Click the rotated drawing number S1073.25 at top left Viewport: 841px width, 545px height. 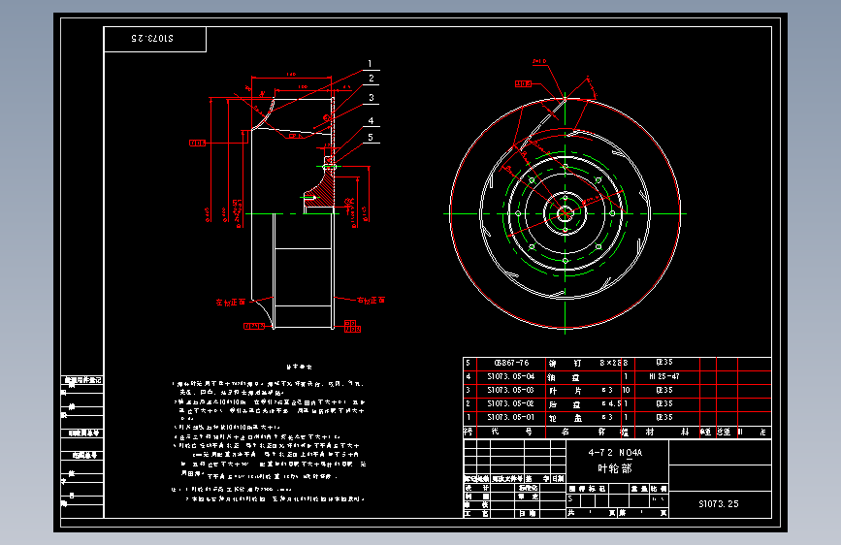154,39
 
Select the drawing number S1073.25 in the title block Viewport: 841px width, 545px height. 719,504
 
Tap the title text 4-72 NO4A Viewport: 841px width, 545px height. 615,453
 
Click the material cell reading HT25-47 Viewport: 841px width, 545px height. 663,376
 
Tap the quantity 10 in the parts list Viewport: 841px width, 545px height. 627,390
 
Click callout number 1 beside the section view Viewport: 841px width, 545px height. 370,64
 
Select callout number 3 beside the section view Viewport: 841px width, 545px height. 370,98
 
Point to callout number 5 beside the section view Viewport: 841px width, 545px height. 370,138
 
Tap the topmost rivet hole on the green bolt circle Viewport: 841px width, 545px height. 565,166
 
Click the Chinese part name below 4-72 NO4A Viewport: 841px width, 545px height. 614,467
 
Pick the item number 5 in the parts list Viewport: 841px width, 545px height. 468,364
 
